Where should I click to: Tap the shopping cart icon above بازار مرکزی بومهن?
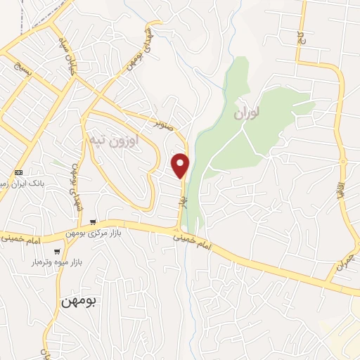(93, 222)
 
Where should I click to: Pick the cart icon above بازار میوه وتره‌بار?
(57, 251)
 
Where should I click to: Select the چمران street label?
(342, 261)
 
